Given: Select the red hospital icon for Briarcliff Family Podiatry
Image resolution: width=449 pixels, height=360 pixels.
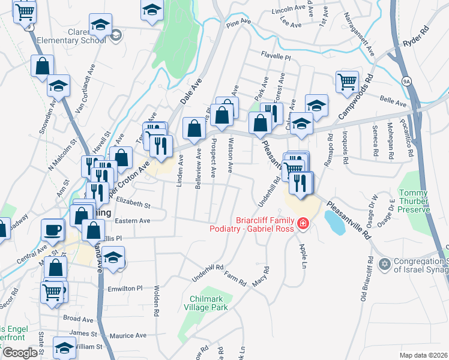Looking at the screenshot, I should (x=303, y=224).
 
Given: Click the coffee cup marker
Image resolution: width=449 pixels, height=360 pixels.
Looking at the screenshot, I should (x=53, y=229).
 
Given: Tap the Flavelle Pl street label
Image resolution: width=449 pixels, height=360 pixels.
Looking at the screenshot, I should (x=276, y=58).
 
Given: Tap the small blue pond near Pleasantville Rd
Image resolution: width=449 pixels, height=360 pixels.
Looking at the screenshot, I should (x=334, y=222).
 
